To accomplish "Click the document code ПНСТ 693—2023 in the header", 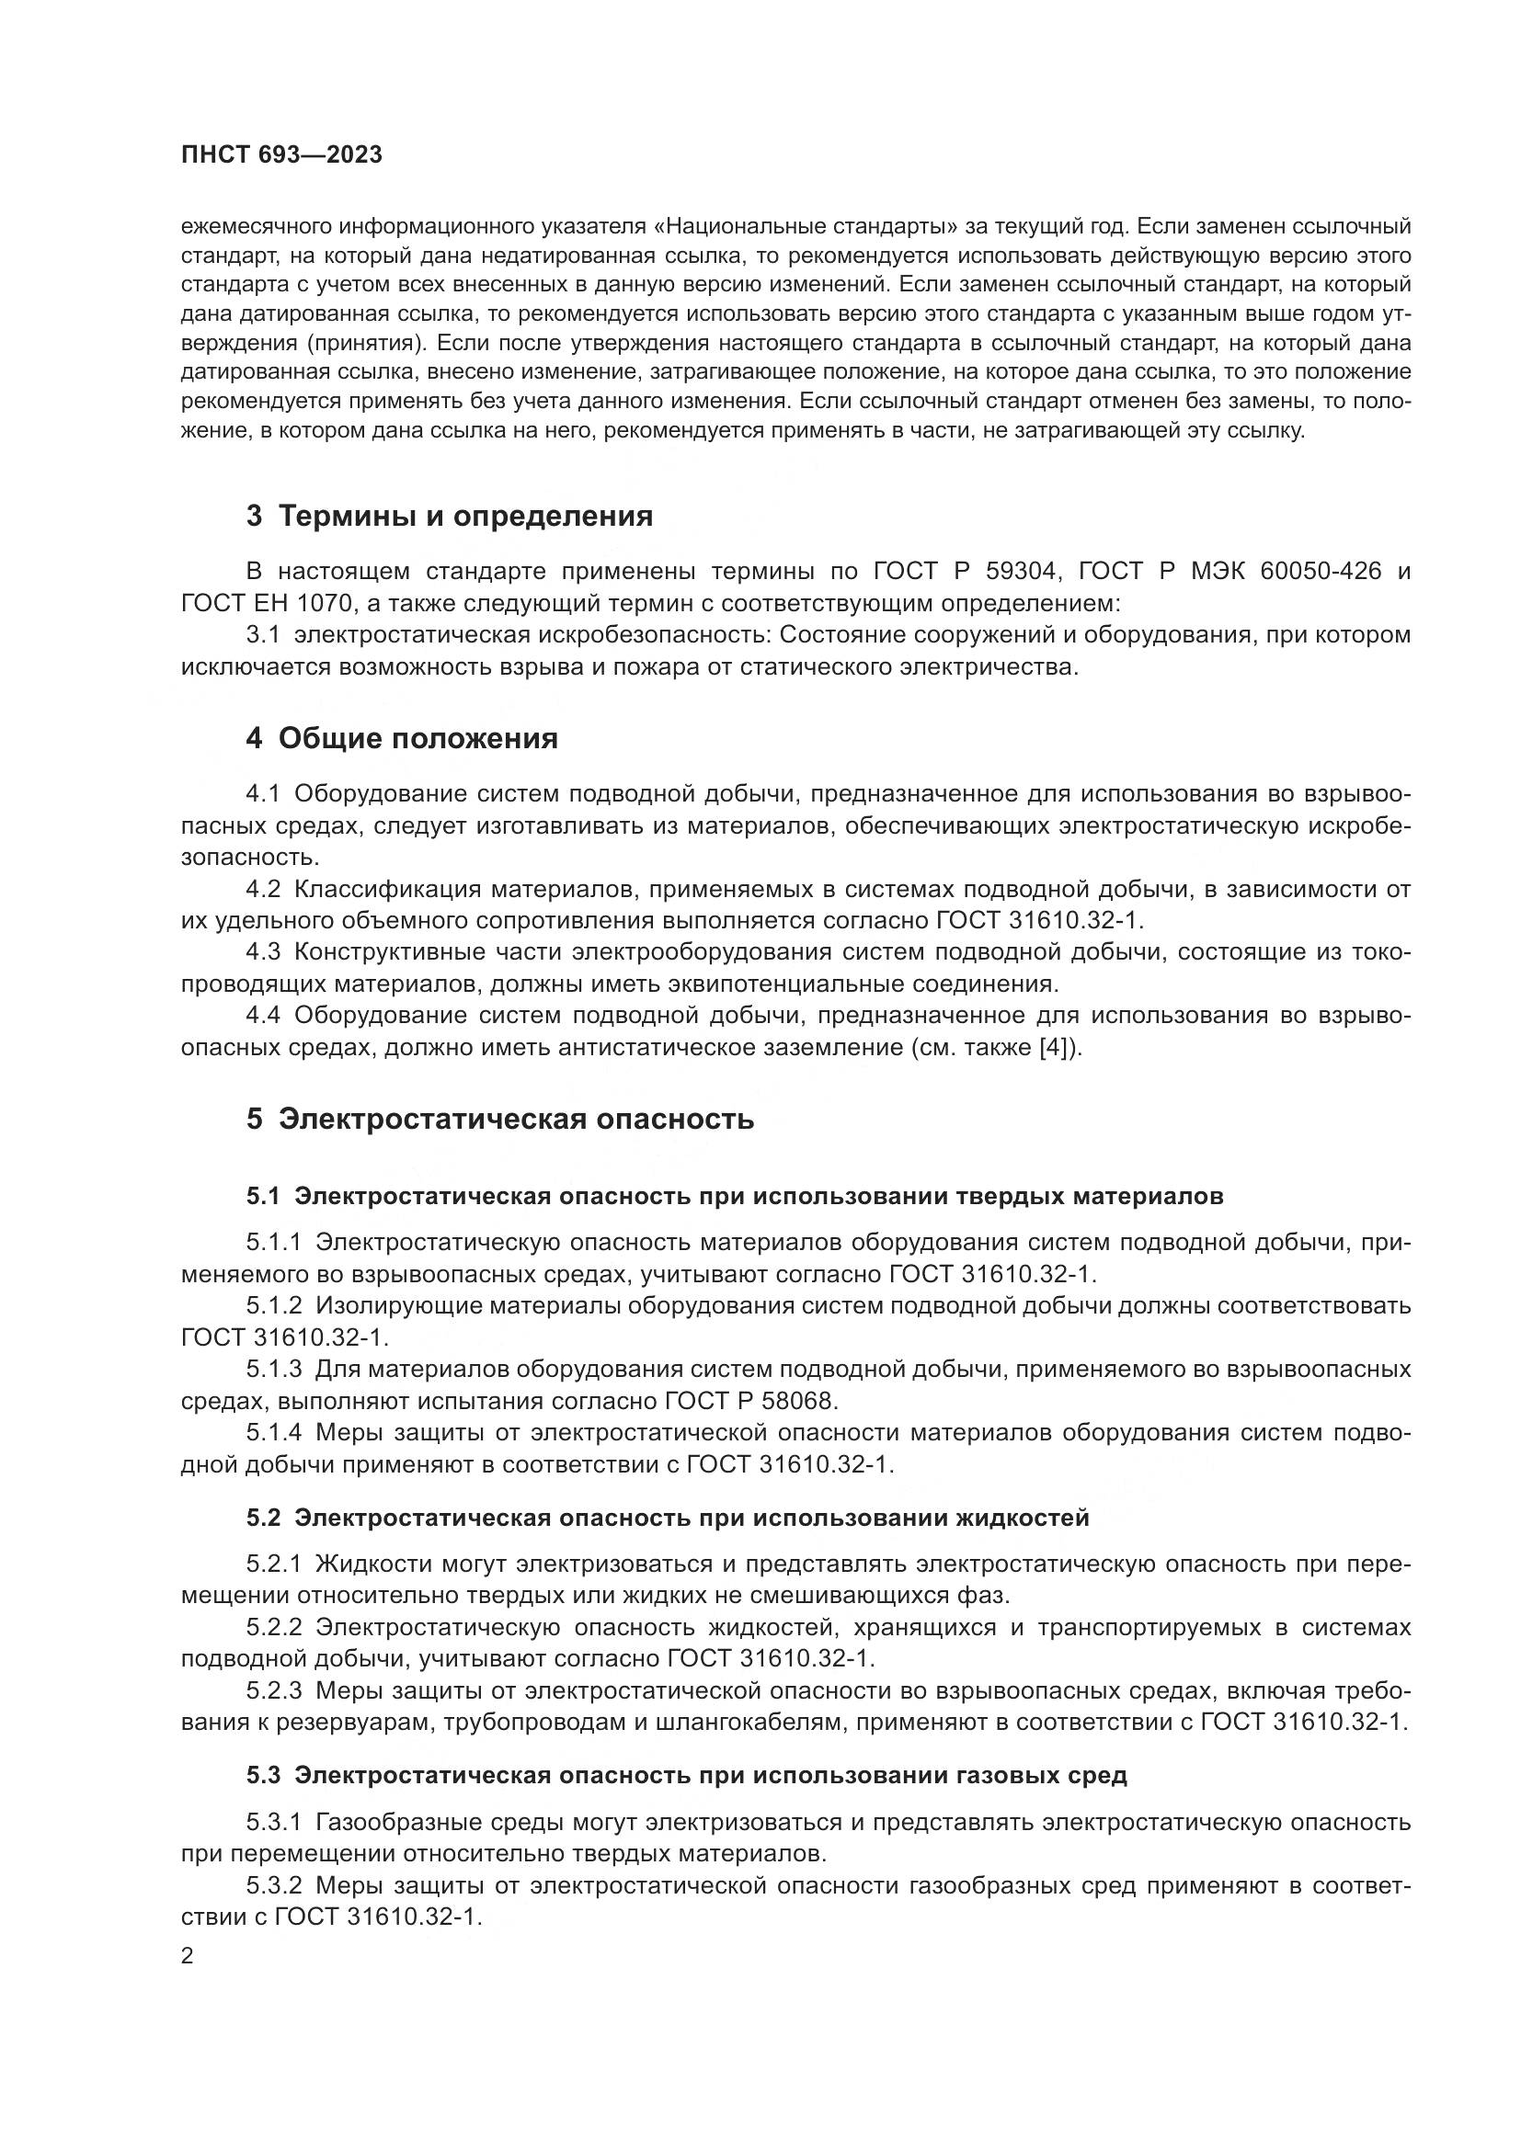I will coord(281,155).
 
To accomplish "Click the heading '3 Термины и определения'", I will coord(449,516).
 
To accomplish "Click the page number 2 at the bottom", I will coord(188,1956).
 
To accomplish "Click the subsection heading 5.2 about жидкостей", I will coord(668,1518).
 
